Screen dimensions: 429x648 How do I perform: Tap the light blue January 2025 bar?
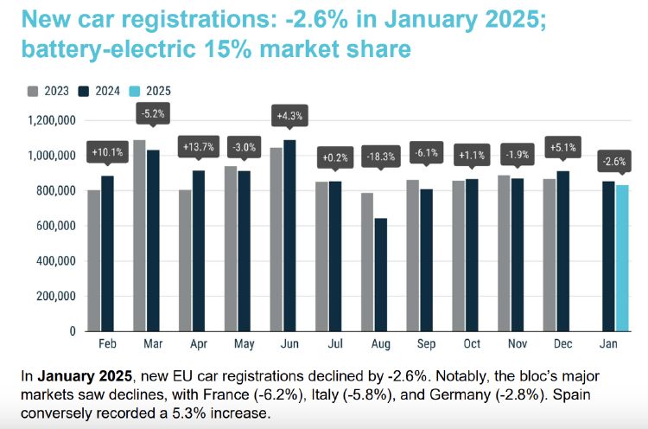tap(622, 259)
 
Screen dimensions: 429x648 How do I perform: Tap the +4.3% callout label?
tap(289, 116)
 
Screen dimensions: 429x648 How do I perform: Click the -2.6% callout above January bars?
tap(615, 161)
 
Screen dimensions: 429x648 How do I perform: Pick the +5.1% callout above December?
tap(562, 148)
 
